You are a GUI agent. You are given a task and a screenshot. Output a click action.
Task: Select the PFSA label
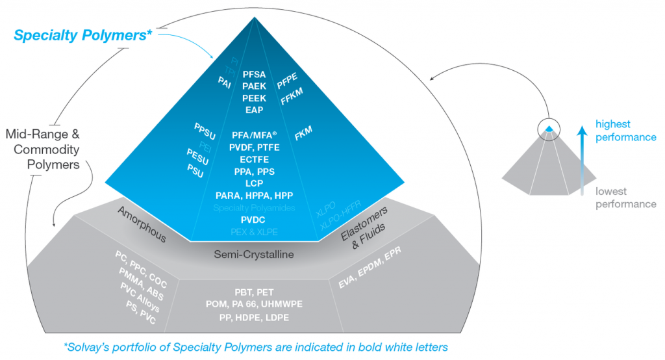click(x=253, y=75)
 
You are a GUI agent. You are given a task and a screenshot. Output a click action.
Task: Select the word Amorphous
click(x=143, y=225)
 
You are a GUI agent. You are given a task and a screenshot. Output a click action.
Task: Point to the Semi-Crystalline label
click(x=254, y=255)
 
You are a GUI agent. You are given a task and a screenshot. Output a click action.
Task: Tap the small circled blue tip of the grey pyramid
click(x=549, y=128)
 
